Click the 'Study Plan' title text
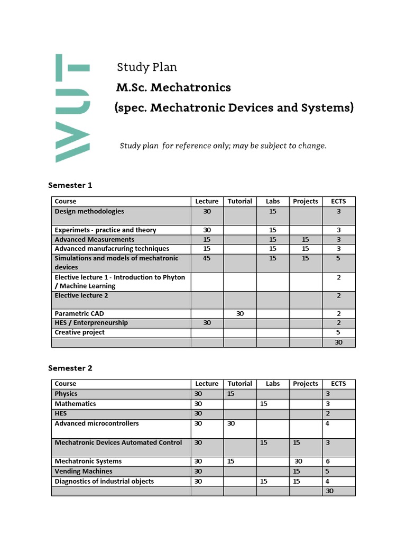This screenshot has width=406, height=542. [x=146, y=67]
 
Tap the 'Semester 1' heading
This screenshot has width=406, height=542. [x=70, y=185]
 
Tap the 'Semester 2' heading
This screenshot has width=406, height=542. [x=70, y=368]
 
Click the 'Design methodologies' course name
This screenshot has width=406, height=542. [x=89, y=211]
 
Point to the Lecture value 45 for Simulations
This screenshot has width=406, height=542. [x=207, y=258]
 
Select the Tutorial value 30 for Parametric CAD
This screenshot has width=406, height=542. [x=239, y=313]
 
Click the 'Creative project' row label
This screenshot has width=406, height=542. [x=80, y=332]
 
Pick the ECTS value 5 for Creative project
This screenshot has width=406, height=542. [x=338, y=332]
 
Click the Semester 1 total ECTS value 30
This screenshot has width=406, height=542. [x=338, y=342]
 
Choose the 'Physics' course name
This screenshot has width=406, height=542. [x=66, y=394]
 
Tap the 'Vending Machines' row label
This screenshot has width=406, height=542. [x=84, y=471]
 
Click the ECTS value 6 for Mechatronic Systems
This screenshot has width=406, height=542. [x=328, y=462]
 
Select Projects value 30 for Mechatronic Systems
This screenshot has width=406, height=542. [x=298, y=462]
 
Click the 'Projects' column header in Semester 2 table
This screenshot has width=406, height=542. [x=306, y=384]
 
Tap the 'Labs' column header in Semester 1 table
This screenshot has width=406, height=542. [x=273, y=201]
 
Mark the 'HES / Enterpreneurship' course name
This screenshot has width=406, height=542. [x=91, y=323]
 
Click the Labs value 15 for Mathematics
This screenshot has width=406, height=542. [x=264, y=404]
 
